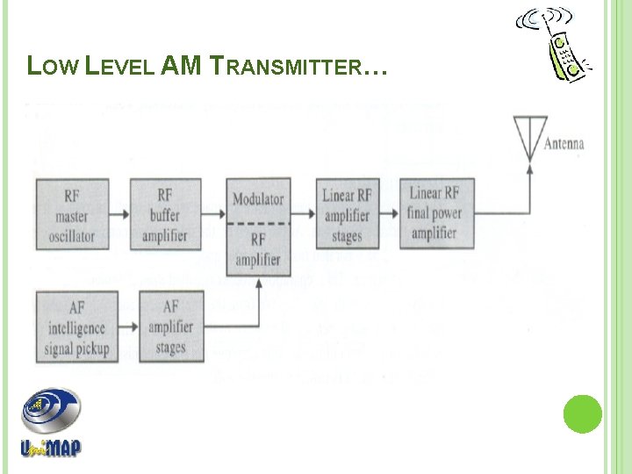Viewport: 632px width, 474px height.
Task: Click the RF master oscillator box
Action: pos(72,213)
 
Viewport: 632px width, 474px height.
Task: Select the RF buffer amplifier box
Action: pos(165,213)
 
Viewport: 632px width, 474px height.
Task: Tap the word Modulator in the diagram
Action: pos(258,199)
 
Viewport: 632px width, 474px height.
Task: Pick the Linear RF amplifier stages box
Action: pos(347,213)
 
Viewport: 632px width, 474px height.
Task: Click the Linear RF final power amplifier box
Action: pos(436,213)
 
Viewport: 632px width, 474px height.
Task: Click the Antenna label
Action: pos(564,145)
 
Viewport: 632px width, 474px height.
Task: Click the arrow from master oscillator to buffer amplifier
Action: pos(119,212)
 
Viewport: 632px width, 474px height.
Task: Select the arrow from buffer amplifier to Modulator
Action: pos(213,212)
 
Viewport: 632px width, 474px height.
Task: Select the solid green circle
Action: pos(582,413)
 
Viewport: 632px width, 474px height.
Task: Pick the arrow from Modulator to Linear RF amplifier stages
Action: pos(303,212)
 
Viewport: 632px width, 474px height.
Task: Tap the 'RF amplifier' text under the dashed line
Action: pos(258,249)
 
